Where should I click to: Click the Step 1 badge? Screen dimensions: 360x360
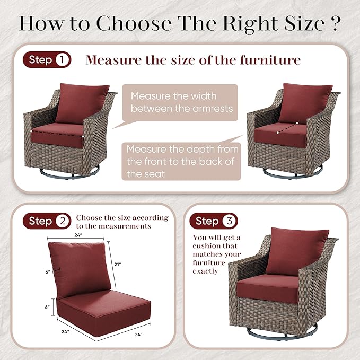(47, 60)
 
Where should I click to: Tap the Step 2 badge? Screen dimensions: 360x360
(47, 221)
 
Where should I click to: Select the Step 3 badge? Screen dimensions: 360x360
(214, 221)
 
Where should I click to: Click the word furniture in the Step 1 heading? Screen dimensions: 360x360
(270, 60)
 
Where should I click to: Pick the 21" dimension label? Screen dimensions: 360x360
(118, 265)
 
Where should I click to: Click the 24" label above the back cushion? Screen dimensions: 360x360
(78, 235)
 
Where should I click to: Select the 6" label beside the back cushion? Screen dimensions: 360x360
(48, 272)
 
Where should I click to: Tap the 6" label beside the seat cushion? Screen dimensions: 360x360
(47, 307)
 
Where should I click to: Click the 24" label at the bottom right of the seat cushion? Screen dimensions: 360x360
(138, 335)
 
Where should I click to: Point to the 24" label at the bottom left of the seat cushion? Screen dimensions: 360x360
(65, 331)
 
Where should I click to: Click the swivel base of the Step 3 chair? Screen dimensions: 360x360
(282, 333)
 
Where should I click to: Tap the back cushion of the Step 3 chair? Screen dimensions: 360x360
(297, 251)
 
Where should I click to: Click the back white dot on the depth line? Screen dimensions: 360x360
(297, 124)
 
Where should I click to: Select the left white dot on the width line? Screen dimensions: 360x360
(31, 131)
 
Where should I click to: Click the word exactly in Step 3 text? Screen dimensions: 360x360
(205, 271)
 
